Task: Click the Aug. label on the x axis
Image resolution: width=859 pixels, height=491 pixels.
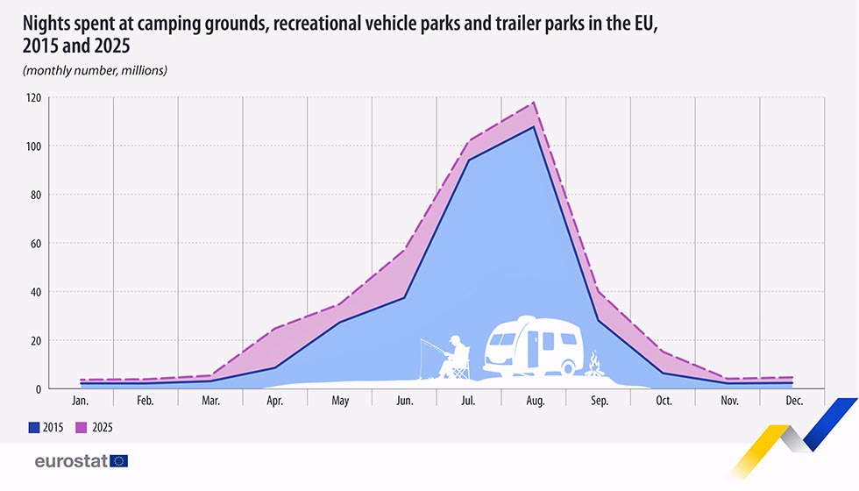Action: [536, 401]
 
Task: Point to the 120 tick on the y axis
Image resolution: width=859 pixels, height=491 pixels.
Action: [33, 97]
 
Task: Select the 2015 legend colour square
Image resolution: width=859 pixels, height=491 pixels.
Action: [34, 428]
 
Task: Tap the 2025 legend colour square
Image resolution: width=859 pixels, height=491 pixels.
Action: [81, 428]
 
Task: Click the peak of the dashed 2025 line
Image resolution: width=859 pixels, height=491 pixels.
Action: [534, 103]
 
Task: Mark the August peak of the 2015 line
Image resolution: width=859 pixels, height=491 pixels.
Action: [534, 126]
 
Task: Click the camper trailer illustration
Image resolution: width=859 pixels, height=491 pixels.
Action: [533, 345]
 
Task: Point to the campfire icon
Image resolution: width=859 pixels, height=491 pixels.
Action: [594, 364]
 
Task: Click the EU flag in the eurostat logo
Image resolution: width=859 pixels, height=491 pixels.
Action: [119, 461]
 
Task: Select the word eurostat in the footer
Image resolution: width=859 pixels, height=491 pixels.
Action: [71, 461]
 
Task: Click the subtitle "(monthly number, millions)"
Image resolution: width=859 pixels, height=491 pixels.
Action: [95, 70]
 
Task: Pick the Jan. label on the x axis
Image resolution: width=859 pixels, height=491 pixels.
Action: [80, 401]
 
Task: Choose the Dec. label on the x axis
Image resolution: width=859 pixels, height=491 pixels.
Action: [794, 401]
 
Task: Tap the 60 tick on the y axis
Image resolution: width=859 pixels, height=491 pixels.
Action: [36, 244]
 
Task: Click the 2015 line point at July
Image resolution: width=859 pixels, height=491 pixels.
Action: [469, 160]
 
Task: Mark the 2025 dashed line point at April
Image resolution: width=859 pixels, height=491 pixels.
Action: [274, 329]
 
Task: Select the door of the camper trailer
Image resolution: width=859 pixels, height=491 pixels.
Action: [533, 349]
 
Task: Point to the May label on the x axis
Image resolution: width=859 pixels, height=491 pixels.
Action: [340, 402]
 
